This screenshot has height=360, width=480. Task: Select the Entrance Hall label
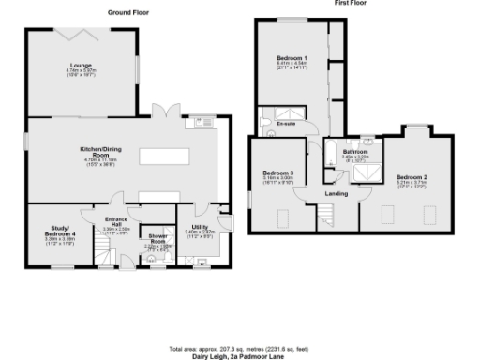point(115,225)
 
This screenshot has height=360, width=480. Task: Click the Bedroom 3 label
point(278,173)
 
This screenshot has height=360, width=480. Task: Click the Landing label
point(337,194)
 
